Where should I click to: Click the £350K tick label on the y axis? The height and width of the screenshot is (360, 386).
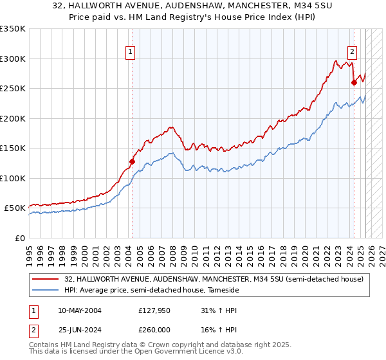point(13,29)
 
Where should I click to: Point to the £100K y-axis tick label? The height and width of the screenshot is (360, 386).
point(13,178)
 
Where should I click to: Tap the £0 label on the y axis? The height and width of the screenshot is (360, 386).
point(19,238)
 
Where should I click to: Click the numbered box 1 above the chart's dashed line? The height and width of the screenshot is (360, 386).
point(131,52)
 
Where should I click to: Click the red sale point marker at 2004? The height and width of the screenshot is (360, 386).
point(132,162)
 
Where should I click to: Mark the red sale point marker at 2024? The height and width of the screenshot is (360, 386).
point(354,83)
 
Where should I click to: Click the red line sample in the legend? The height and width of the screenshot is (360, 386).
point(46,279)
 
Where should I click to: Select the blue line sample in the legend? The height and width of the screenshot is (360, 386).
point(46,291)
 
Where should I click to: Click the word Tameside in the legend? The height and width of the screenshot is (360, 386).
point(222,291)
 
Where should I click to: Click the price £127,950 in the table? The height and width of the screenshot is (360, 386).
point(154,310)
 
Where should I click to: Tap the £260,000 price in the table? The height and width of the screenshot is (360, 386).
point(154,330)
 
